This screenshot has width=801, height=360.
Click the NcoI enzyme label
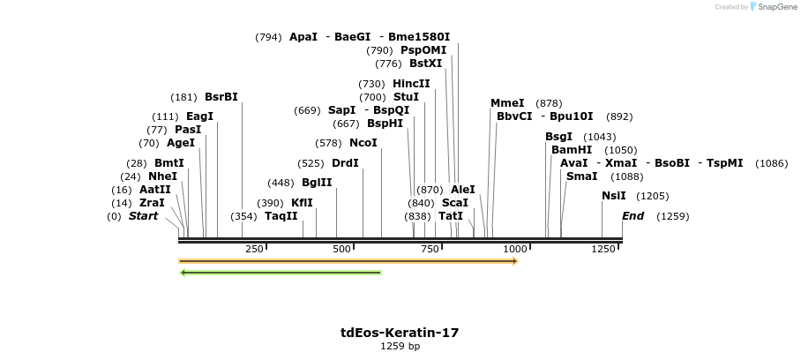point(363,142)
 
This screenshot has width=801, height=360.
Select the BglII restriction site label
point(317,183)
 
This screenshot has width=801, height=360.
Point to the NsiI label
point(613,196)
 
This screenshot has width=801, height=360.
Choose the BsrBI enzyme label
point(221,96)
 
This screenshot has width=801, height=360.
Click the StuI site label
point(406,96)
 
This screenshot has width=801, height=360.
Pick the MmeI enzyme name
point(507,103)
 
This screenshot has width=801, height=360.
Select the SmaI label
point(582,176)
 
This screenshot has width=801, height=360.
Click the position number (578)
point(328,143)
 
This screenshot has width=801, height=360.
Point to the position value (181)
point(183,97)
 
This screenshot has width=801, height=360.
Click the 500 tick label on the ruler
point(341,249)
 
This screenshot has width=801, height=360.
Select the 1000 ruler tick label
point(515,249)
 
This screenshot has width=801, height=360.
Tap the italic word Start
point(143,215)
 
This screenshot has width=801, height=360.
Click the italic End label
point(633,215)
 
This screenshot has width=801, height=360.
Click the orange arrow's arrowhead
point(515,261)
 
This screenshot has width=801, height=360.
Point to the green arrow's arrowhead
point(183,273)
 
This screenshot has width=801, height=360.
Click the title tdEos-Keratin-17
point(400,333)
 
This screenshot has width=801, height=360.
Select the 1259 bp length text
point(400,346)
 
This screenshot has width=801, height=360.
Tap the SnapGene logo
point(774,7)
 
